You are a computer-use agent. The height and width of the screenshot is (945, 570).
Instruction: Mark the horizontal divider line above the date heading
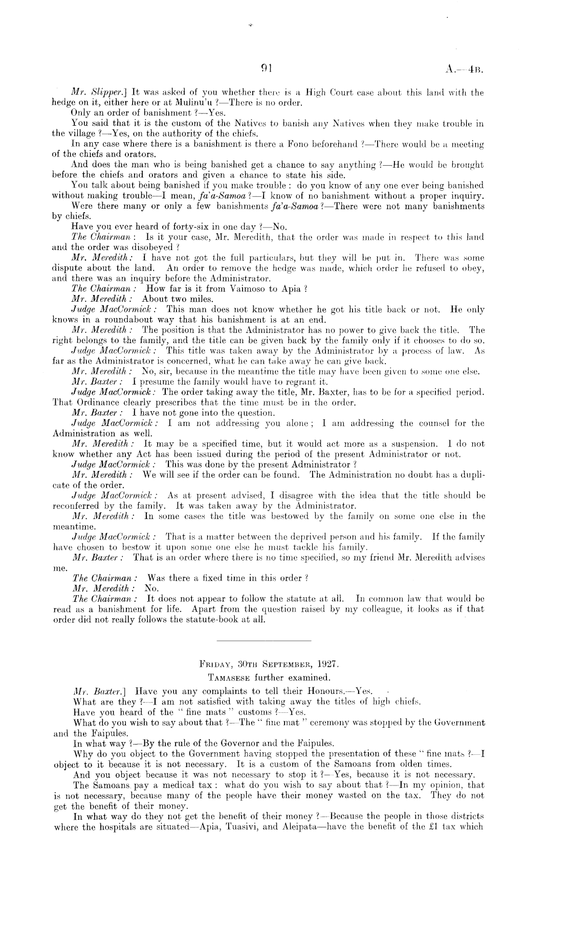click(264, 641)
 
